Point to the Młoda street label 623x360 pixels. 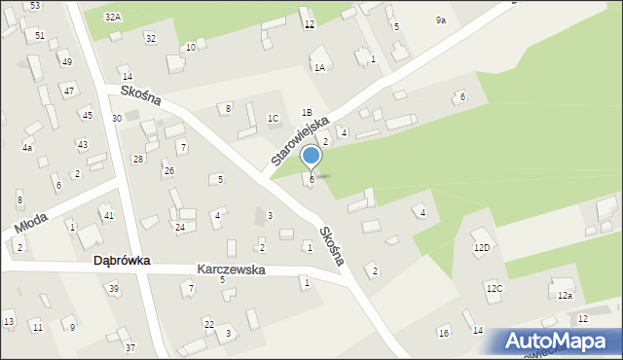tap(34, 224)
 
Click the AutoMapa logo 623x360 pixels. tap(560, 342)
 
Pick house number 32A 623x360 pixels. tap(113, 18)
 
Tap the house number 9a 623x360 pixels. tap(441, 19)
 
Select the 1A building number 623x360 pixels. tap(319, 67)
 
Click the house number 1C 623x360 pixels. tap(274, 118)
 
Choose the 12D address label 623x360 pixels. tap(482, 247)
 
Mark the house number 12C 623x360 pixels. tap(495, 288)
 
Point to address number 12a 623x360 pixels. tap(565, 295)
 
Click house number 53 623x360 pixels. tap(35, 6)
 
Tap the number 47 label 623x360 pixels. tap(68, 90)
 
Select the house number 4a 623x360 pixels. tap(27, 147)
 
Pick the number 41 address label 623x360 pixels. tap(109, 215)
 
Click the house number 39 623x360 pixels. tap(114, 288)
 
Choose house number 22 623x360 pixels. tap(208, 323)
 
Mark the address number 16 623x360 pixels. tap(444, 334)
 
